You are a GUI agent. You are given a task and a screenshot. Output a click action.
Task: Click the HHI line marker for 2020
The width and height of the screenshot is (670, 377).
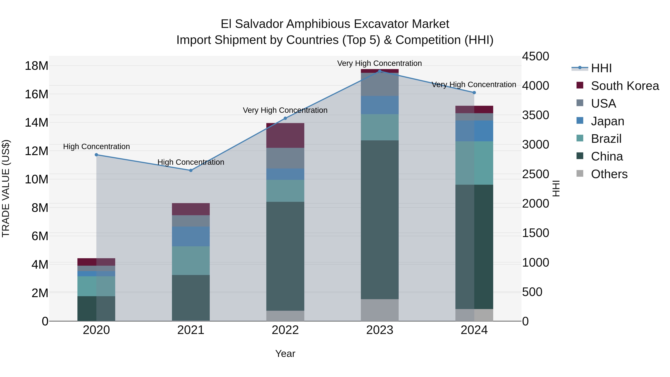point(96,155)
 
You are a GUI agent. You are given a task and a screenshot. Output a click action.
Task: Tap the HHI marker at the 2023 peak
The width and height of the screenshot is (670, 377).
point(379,71)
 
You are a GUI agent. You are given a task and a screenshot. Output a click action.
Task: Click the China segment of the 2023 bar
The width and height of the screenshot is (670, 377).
point(379,220)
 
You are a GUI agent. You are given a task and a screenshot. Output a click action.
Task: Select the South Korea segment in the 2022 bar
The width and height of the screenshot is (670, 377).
point(285,135)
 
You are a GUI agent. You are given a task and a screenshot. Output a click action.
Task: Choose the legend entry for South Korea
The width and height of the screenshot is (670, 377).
point(625,86)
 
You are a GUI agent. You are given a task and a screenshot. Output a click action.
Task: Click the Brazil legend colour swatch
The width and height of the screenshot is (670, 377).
point(580,138)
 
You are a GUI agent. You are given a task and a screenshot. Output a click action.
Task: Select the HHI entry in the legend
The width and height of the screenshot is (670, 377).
point(601,68)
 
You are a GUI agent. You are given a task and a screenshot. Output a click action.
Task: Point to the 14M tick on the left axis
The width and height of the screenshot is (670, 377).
point(36,123)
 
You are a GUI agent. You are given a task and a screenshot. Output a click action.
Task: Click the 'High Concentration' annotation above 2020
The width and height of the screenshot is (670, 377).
point(96,147)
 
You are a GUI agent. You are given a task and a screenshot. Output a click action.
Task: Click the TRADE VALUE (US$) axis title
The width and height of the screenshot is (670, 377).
point(6,188)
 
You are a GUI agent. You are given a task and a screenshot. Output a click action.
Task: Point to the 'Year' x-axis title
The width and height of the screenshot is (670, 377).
point(285,354)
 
